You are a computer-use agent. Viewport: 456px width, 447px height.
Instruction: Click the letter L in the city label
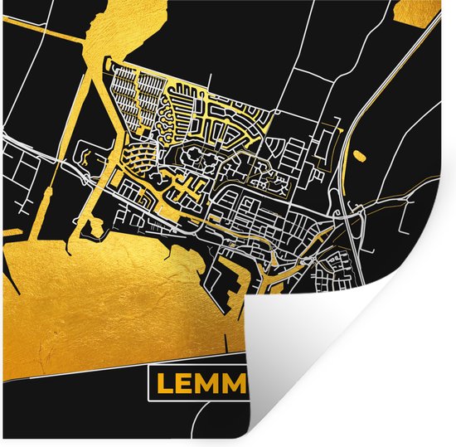163,384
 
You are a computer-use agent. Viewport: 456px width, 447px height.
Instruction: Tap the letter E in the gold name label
186,384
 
